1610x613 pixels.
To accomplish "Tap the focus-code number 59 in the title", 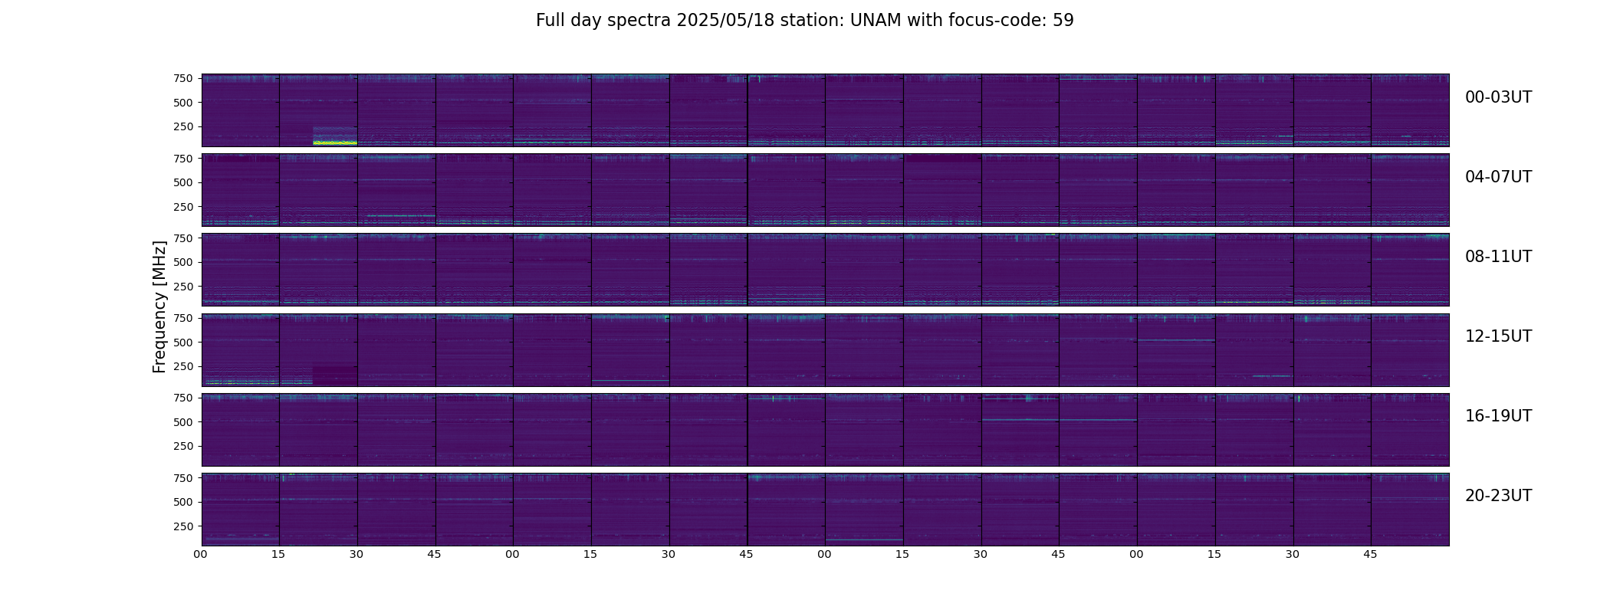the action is [x=1063, y=21].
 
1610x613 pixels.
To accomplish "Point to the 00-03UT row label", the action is [x=1498, y=97].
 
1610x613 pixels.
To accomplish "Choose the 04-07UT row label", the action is [x=1498, y=177].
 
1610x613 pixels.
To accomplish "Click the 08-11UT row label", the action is [x=1498, y=257].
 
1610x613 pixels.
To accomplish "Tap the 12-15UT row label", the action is [x=1498, y=336].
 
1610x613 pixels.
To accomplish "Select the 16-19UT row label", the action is [x=1498, y=416].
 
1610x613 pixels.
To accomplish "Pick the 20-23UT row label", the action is [x=1498, y=496].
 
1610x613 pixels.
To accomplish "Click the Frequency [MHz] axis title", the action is [x=159, y=306].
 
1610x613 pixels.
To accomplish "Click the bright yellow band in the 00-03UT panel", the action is [x=335, y=143].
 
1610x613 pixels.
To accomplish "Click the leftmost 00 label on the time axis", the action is [x=201, y=555].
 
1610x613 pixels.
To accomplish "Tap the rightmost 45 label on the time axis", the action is [x=1371, y=555].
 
